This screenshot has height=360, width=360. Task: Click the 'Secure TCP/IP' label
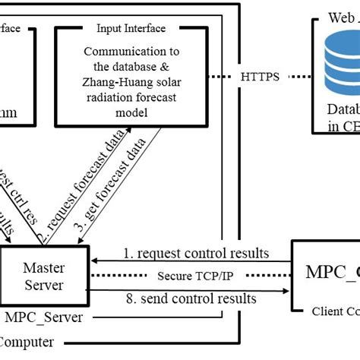[x=194, y=276]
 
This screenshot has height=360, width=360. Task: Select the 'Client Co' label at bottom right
[x=335, y=311]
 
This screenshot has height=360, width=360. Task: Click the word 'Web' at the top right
[x=337, y=16]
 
